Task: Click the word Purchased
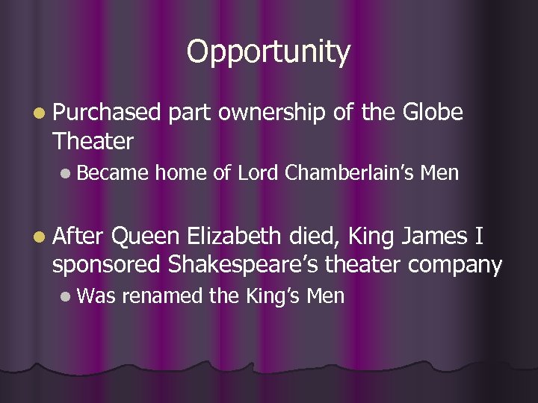(106, 113)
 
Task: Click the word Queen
(146, 238)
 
